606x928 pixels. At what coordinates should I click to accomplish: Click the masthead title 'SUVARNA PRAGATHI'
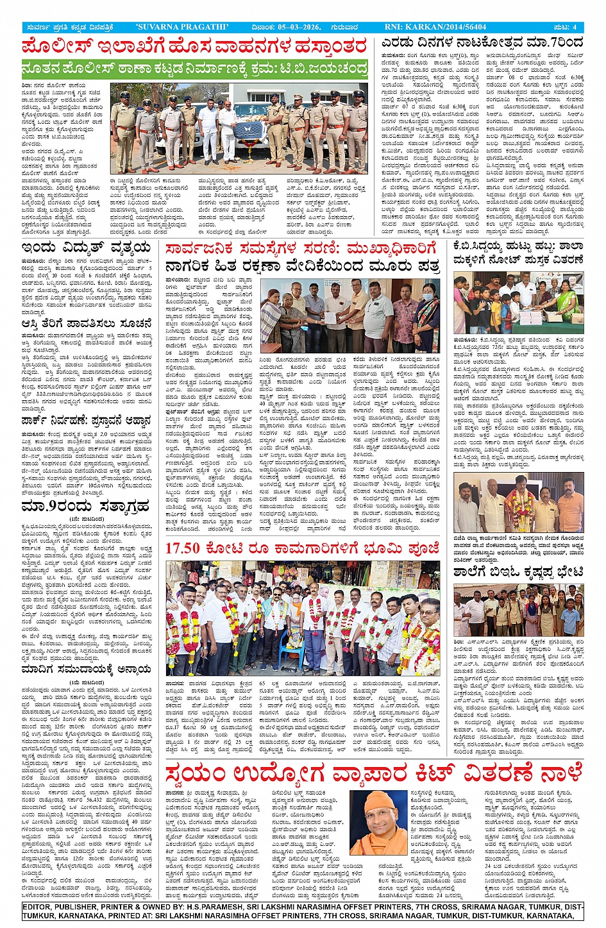181,27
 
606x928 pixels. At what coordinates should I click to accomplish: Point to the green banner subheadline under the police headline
194,69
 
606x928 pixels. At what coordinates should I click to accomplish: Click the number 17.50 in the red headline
187,549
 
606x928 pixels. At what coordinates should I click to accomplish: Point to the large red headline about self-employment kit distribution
373,774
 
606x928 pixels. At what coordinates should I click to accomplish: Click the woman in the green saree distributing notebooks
567,300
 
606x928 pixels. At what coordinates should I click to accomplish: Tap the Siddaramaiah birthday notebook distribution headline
519,252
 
